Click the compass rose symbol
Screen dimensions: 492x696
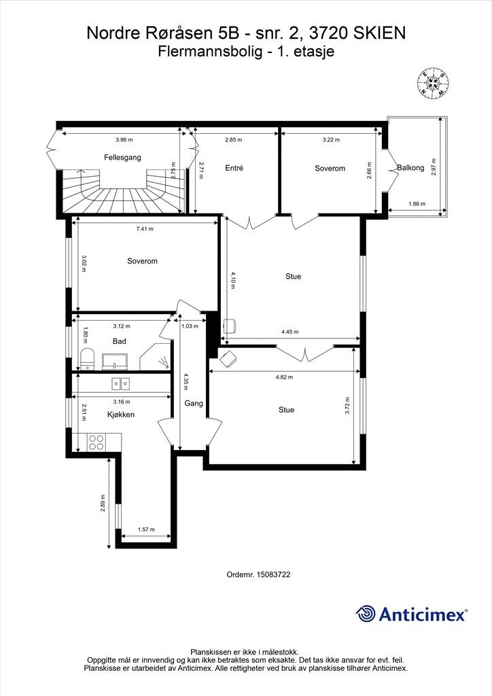pos(433,84)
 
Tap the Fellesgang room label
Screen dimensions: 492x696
pos(122,157)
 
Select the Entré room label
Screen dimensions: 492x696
pos(234,169)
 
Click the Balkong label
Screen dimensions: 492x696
pos(410,168)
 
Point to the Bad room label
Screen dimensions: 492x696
pos(120,341)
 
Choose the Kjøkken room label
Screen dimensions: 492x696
pos(121,415)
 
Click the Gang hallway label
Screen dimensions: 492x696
pos(194,403)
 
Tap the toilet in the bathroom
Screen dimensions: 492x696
pos(88,359)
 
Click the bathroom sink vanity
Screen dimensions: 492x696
pos(115,362)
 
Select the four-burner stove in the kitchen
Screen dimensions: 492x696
pos(96,442)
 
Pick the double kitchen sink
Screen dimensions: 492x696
pos(121,383)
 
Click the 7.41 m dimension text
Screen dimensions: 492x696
pos(145,229)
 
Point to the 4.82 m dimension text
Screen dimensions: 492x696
pos(284,377)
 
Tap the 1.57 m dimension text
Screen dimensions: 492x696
pos(146,529)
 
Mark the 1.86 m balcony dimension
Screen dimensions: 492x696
pos(417,204)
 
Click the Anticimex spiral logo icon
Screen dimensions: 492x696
pos(366,614)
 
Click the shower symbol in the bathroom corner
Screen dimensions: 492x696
pos(164,362)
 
